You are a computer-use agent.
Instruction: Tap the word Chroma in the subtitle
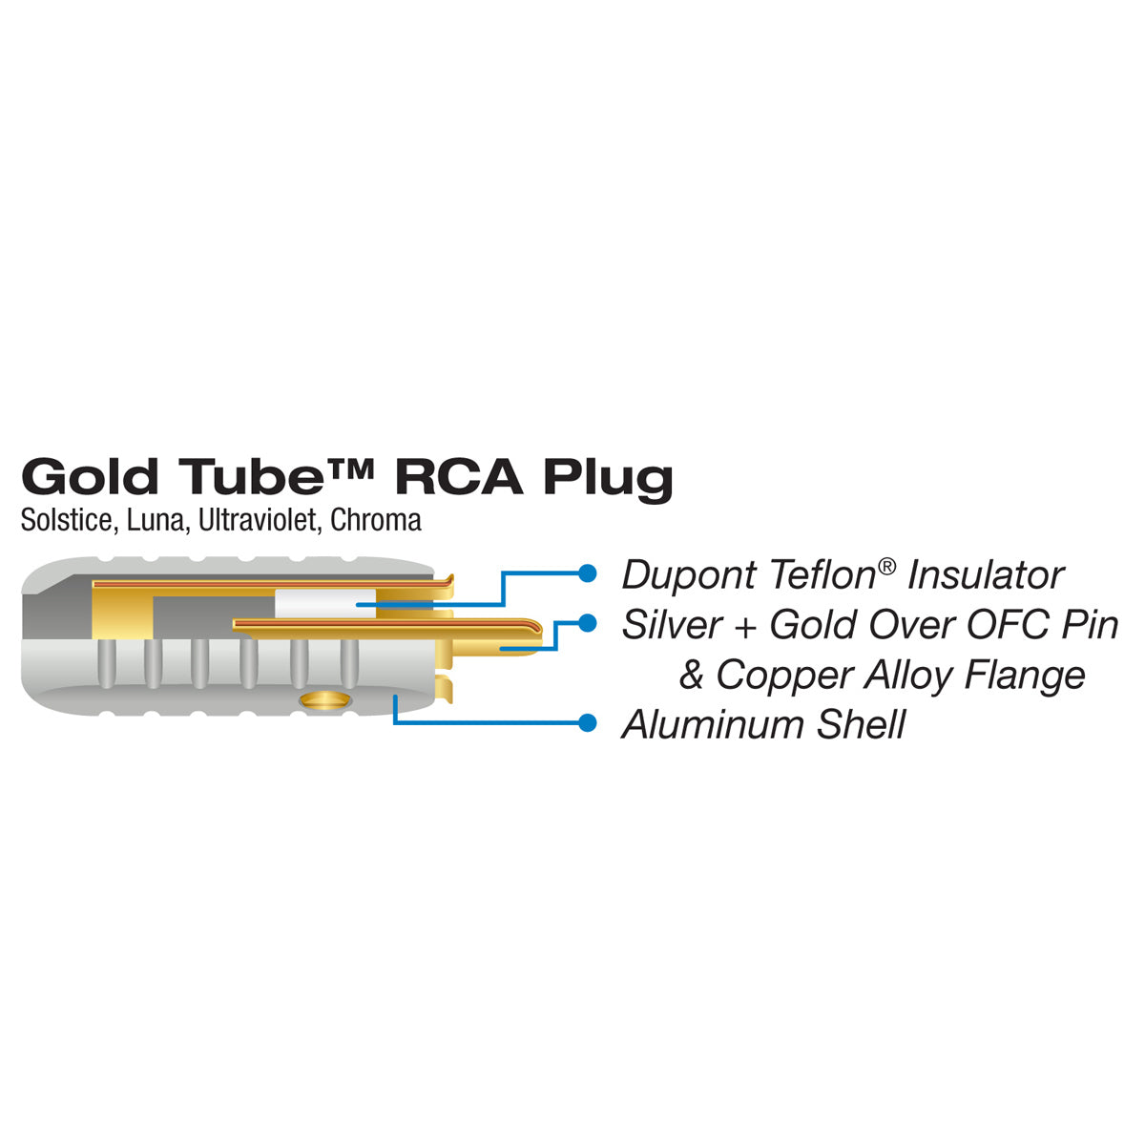point(376,521)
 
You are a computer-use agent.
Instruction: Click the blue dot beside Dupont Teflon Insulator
point(589,573)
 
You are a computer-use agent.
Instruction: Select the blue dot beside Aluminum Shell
point(589,722)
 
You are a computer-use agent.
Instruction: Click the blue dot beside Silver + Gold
point(589,622)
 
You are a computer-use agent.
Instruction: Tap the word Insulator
point(986,575)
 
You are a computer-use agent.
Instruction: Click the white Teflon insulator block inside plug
point(316,603)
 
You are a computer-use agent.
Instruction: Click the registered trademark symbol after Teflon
point(887,565)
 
